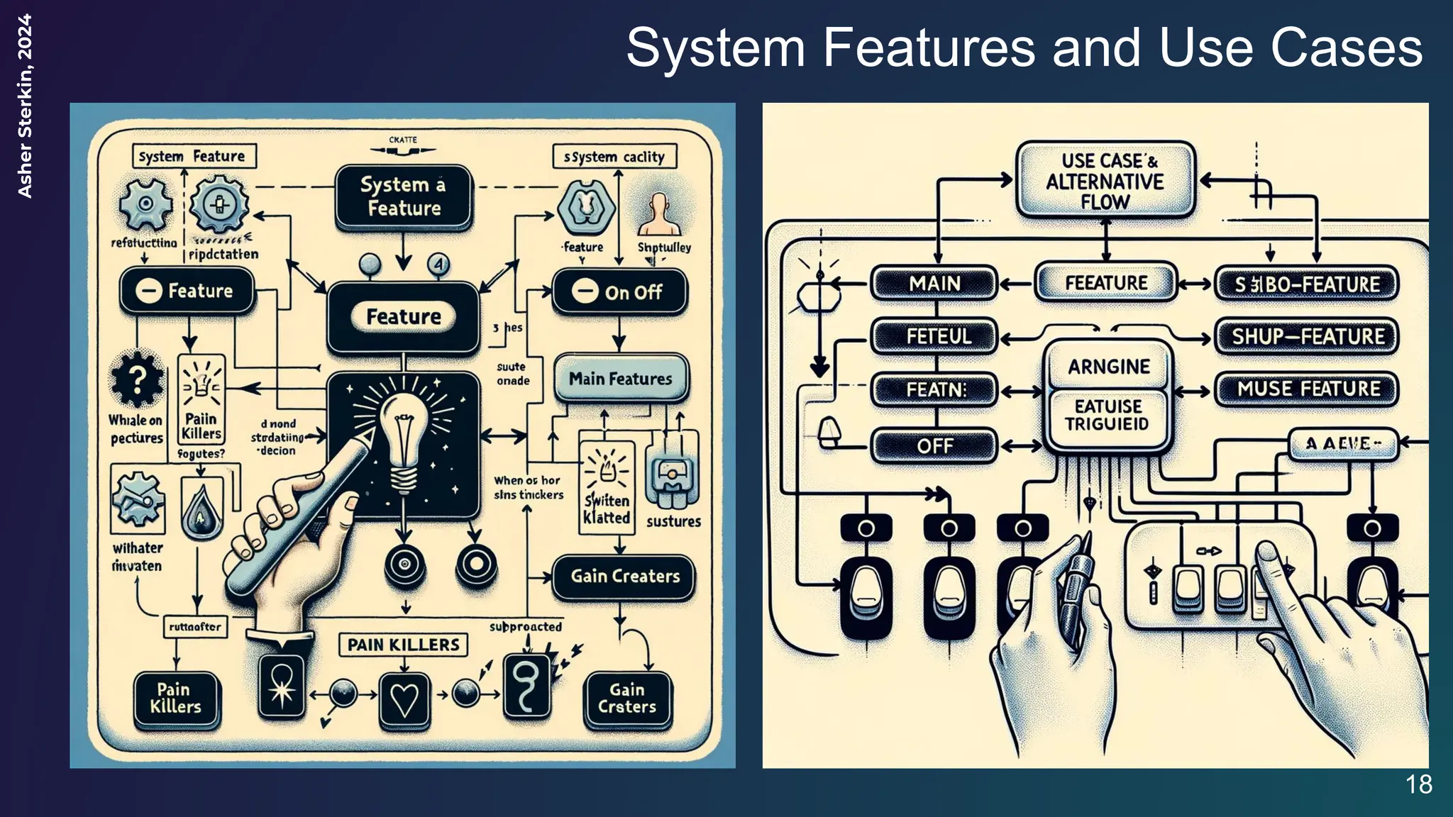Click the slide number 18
[1419, 784]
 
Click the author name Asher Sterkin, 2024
[25, 106]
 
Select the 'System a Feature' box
[403, 196]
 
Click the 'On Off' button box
[619, 291]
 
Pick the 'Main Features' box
[620, 378]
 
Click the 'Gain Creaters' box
[624, 576]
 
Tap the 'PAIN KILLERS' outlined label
[403, 645]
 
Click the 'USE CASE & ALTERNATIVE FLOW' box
[1105, 181]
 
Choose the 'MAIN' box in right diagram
[934, 284]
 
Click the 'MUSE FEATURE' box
[1308, 389]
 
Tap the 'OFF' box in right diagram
[934, 446]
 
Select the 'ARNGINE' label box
[1108, 367]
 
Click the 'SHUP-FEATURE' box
[1307, 336]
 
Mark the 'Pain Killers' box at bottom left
[175, 699]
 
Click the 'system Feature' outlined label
[192, 156]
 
